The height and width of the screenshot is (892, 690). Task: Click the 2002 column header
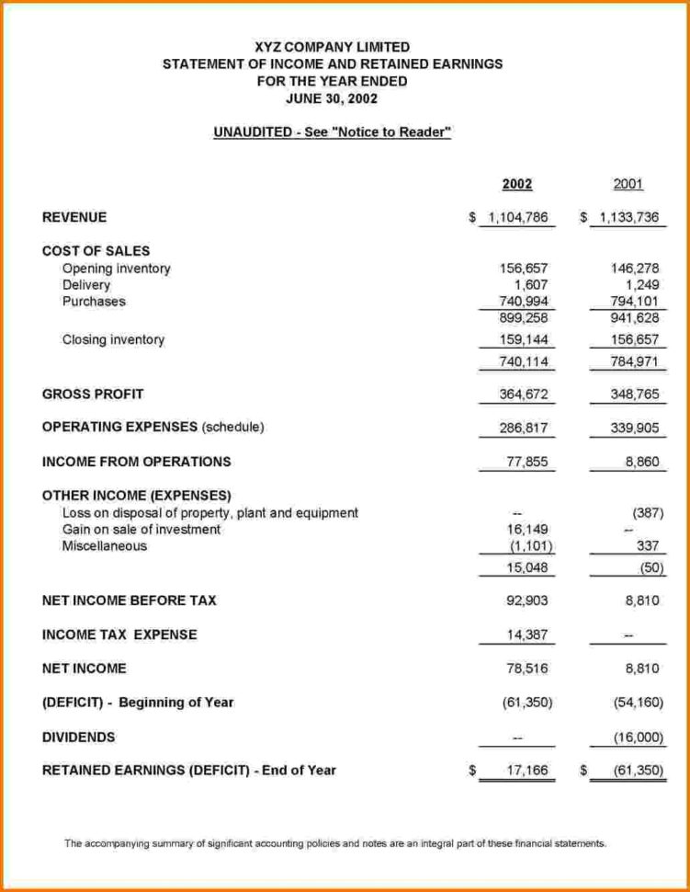[517, 184]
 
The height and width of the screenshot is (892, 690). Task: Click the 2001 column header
[628, 184]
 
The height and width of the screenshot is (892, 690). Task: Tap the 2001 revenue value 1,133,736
[629, 218]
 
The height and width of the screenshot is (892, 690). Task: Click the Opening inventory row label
[117, 269]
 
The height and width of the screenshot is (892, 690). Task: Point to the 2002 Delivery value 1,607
[531, 285]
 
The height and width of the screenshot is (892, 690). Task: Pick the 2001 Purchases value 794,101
[637, 302]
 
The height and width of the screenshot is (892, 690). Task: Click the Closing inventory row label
[113, 339]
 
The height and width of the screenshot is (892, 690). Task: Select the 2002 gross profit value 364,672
[524, 395]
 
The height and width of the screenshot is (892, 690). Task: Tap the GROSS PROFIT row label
[93, 394]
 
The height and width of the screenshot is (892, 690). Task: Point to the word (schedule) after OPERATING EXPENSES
[233, 428]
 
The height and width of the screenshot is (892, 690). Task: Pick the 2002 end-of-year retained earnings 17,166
[527, 771]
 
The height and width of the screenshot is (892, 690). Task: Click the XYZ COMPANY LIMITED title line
[332, 47]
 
